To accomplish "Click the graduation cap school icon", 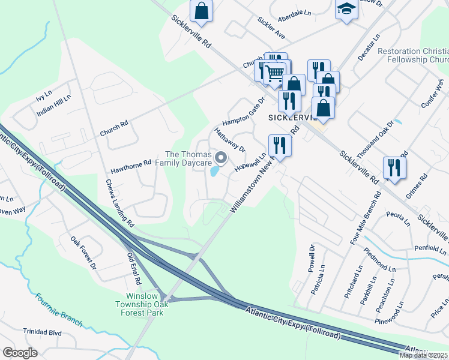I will (x=346, y=10).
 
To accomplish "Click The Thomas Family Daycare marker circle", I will (x=221, y=158).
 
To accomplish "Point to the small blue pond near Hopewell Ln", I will (x=214, y=172).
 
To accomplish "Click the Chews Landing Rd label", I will (x=120, y=203).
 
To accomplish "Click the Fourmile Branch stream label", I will (x=58, y=310).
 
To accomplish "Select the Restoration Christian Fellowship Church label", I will (x=413, y=56).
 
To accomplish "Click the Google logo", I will (x=20, y=352).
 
